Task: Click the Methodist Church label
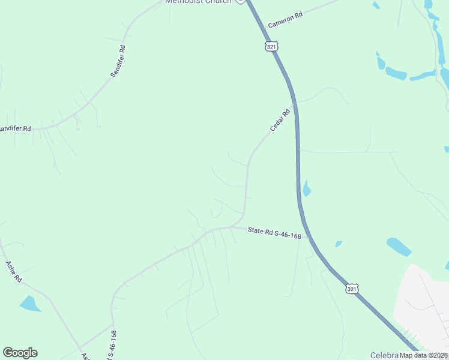[x=198, y=2]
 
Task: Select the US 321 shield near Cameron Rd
[x=271, y=46]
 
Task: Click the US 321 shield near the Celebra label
[x=352, y=289]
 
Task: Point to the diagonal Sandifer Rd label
[x=118, y=61]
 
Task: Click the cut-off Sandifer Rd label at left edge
[x=15, y=128]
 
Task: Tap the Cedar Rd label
[x=280, y=119]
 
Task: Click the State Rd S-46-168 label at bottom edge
[x=112, y=346]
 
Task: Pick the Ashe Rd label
[x=13, y=271]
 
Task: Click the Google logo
[x=20, y=353]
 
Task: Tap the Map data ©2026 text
[x=423, y=355]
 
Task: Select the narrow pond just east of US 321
[x=307, y=188]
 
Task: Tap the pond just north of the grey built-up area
[x=399, y=247]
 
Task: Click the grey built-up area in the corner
[x=423, y=306]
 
